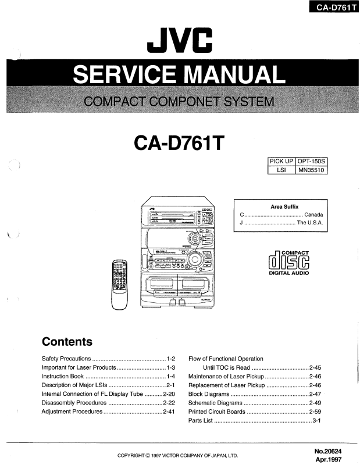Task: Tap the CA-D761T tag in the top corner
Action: [x=333, y=8]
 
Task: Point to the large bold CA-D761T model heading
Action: [x=179, y=142]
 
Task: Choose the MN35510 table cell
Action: [x=312, y=170]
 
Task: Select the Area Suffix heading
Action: [x=284, y=207]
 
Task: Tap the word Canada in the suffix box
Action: [x=313, y=215]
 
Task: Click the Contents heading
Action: [x=67, y=342]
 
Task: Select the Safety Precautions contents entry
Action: [x=66, y=359]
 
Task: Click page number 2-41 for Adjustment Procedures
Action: [x=169, y=412]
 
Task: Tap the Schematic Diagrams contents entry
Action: [x=215, y=403]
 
